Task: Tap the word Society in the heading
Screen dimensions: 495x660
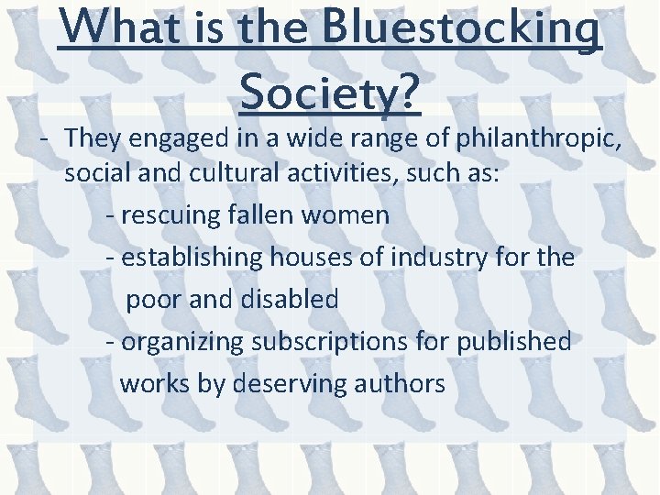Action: pos(328,90)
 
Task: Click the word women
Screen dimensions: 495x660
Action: pos(353,216)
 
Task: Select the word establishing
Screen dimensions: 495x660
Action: pos(192,258)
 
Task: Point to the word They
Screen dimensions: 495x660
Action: pos(89,140)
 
